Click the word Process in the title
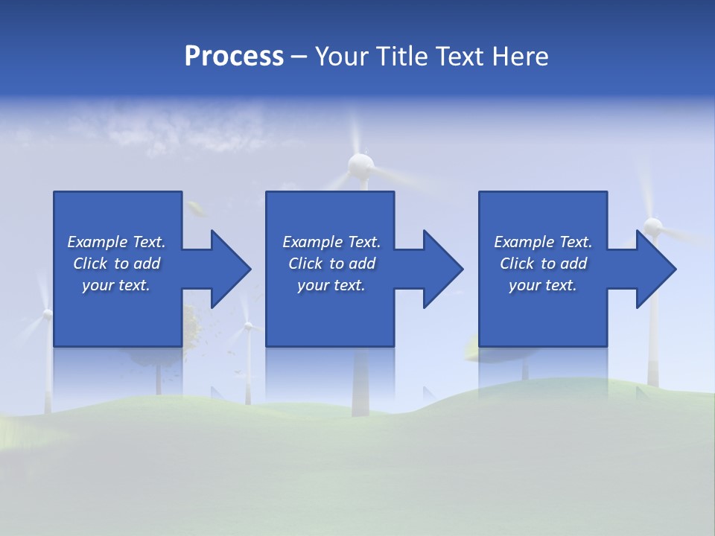(234, 57)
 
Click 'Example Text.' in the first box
(116, 242)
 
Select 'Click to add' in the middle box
(331, 264)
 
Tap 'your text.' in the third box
(543, 285)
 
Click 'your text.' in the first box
(116, 285)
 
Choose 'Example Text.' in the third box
(543, 242)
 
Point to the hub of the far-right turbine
(652, 225)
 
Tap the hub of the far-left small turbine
(47, 315)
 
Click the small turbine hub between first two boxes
(248, 326)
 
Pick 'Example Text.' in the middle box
(331, 242)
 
